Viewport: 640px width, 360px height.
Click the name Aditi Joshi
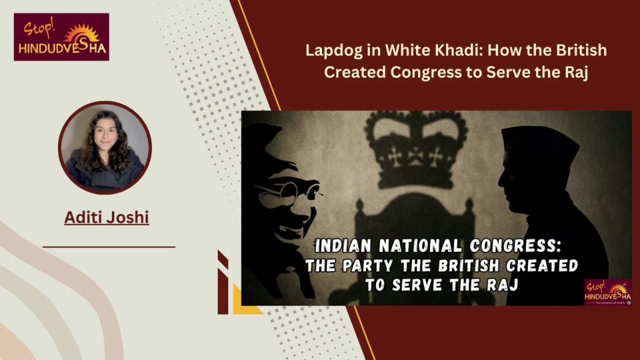point(106,217)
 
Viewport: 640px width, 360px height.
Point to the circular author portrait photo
point(105,147)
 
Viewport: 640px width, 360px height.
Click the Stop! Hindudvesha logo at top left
point(61,37)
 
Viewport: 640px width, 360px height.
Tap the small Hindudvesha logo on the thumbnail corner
point(607,292)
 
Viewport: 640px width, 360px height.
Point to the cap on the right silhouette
point(537,140)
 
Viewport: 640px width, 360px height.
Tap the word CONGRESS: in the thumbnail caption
point(515,245)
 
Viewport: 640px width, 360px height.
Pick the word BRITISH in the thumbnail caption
point(468,265)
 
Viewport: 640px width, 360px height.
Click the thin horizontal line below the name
point(109,247)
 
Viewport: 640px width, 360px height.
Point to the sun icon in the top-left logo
point(81,33)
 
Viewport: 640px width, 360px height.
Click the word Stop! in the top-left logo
point(38,27)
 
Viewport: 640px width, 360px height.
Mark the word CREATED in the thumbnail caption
point(542,265)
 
